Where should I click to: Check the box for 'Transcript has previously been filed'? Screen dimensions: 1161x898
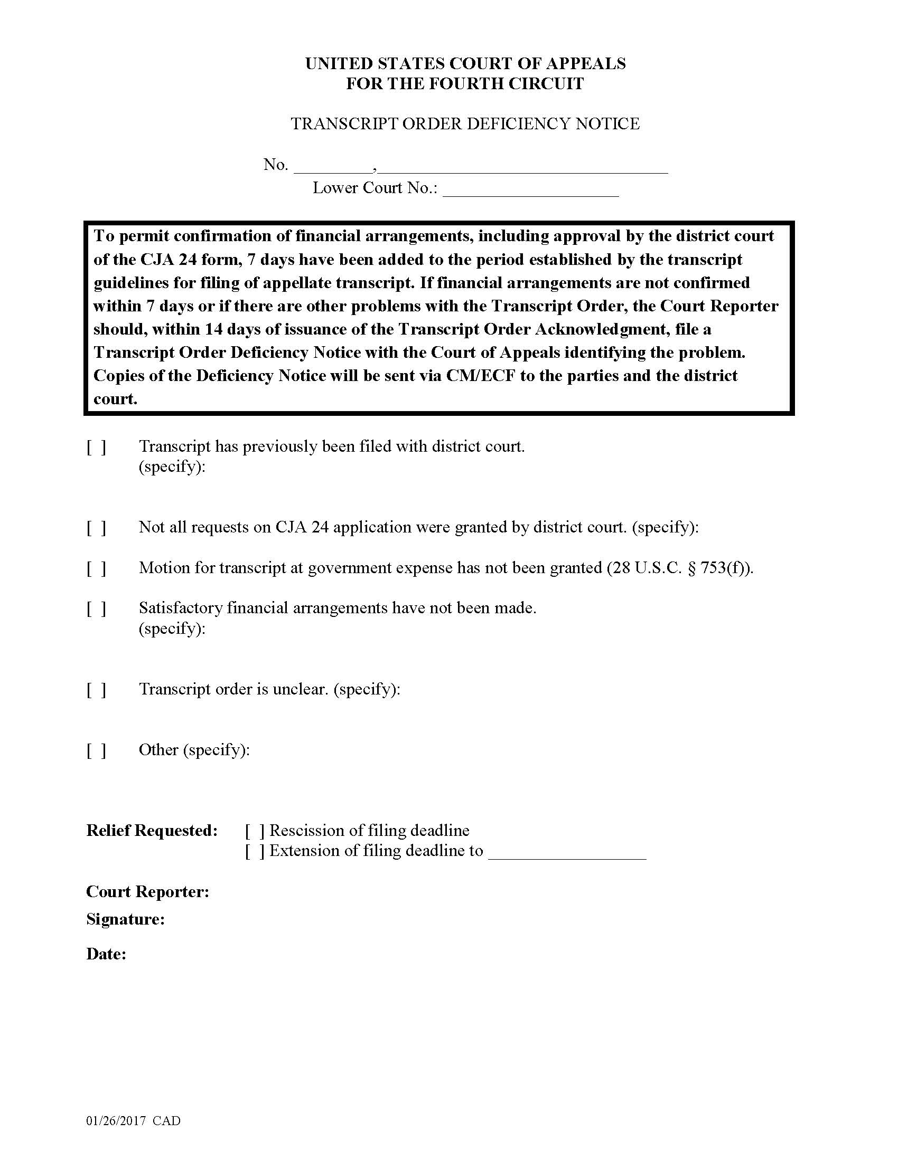pyautogui.click(x=96, y=448)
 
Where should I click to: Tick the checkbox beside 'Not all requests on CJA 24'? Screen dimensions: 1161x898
pyautogui.click(x=96, y=528)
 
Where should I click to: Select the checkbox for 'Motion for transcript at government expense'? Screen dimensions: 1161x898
pyautogui.click(x=96, y=569)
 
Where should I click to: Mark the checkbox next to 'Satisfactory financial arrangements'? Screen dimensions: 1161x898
pyautogui.click(x=96, y=609)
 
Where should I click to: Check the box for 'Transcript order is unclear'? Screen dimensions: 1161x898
pyautogui.click(x=96, y=690)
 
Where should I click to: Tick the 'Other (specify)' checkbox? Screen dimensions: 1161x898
pyautogui.click(x=96, y=750)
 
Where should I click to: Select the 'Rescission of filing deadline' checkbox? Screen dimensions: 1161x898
pyautogui.click(x=255, y=831)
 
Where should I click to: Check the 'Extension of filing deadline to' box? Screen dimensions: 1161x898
pyautogui.click(x=255, y=852)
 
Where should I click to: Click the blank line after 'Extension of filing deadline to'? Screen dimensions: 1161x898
pyautogui.click(x=567, y=853)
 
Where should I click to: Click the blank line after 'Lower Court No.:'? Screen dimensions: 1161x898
pyautogui.click(x=530, y=191)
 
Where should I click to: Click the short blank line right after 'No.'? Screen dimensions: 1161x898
pyautogui.click(x=333, y=167)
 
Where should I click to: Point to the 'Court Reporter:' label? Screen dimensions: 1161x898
pyautogui.click(x=147, y=892)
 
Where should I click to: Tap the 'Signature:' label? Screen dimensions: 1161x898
pyautogui.click(x=125, y=920)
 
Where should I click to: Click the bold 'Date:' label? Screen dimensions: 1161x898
pyautogui.click(x=106, y=954)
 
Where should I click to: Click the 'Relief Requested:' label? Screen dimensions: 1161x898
pyautogui.click(x=152, y=831)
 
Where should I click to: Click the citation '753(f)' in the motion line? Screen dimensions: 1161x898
pyautogui.click(x=725, y=568)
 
